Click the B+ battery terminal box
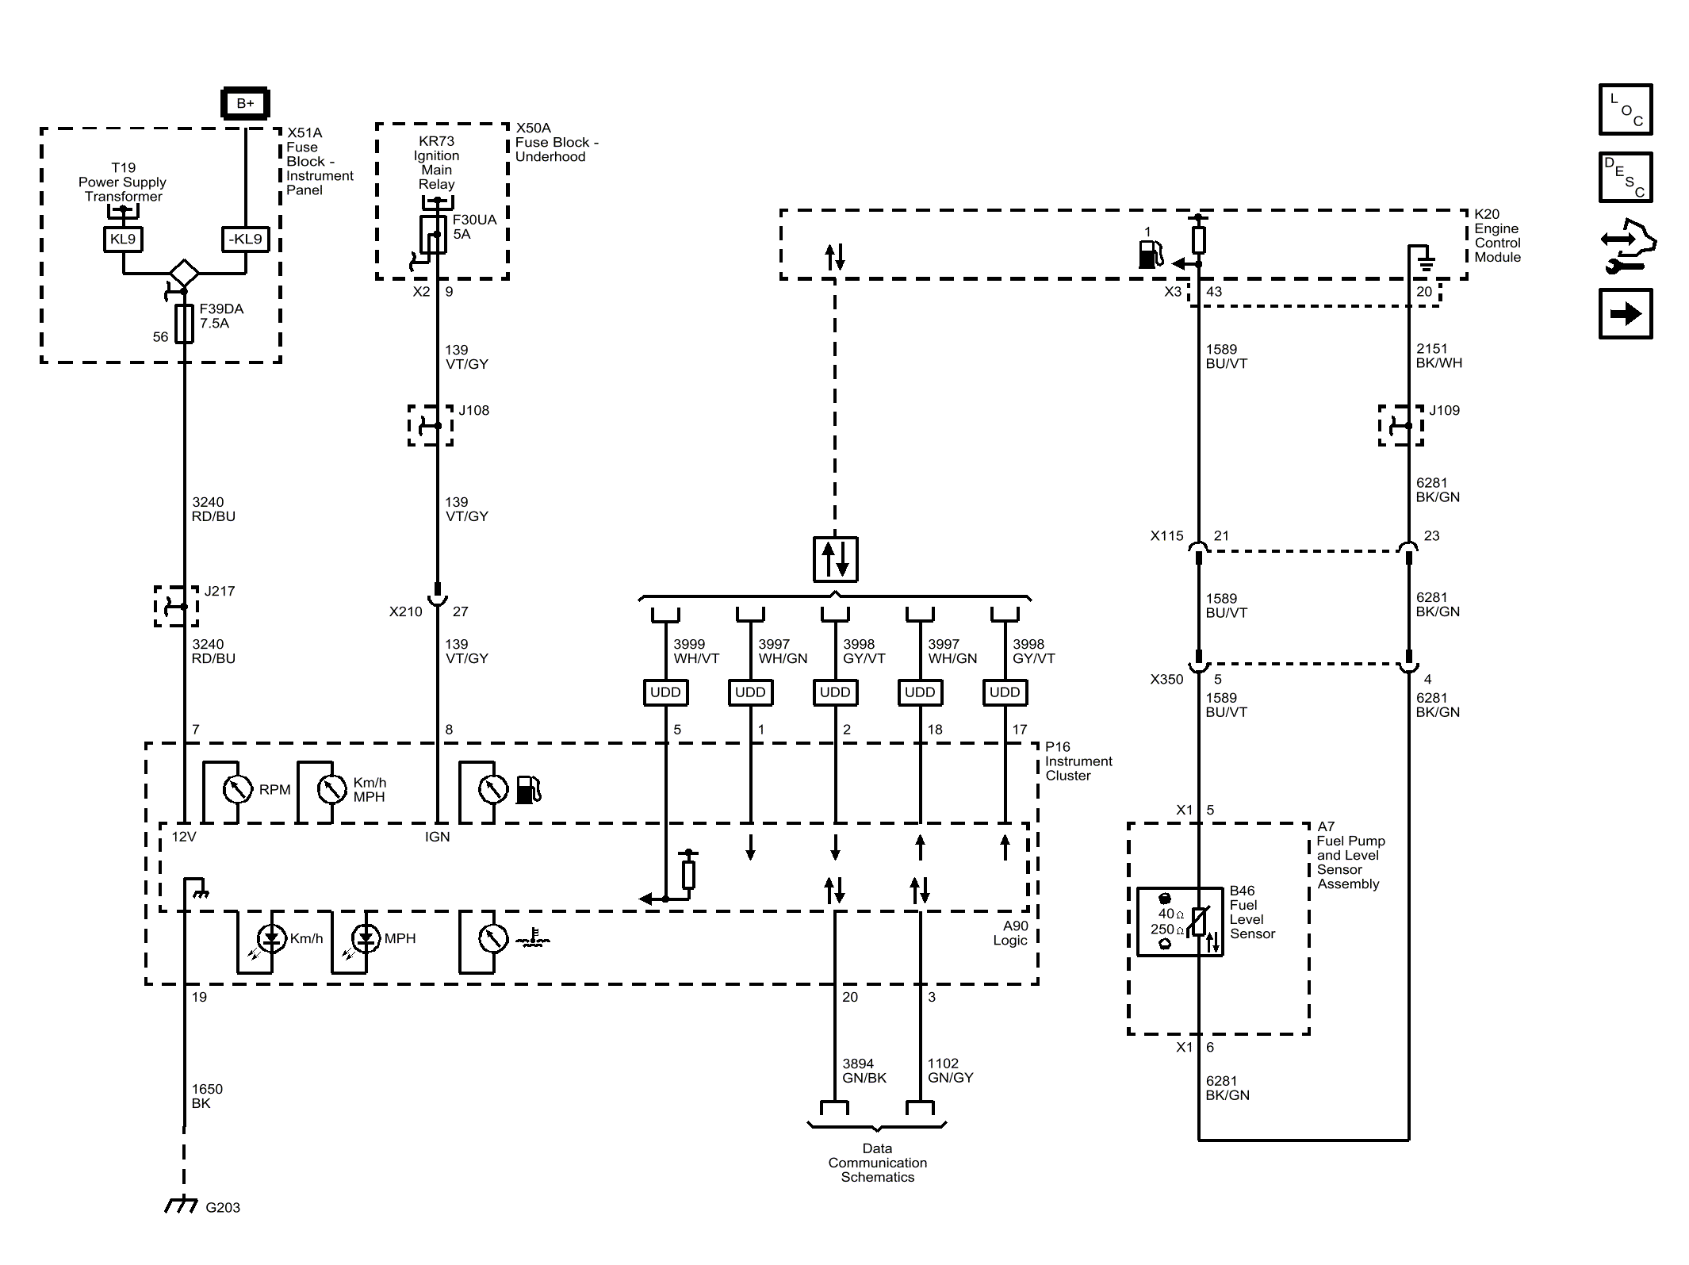pos(245,103)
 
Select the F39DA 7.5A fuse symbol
pos(184,324)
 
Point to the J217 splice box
pos(176,607)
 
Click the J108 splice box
pos(431,425)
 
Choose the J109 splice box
pos(1401,425)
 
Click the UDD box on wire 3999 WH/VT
pos(665,692)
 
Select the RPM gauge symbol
pos(237,789)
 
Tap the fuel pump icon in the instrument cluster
pos(528,790)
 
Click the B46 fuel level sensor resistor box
pos(1180,922)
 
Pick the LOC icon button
pos(1626,109)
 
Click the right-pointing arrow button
pos(1626,314)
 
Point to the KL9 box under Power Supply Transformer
pos(123,239)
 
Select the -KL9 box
pos(245,239)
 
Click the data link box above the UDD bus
pos(835,559)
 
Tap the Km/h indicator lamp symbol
pos(272,939)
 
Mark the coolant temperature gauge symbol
pos(493,939)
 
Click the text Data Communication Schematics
pos(878,1163)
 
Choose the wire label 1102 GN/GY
pos(951,1071)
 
